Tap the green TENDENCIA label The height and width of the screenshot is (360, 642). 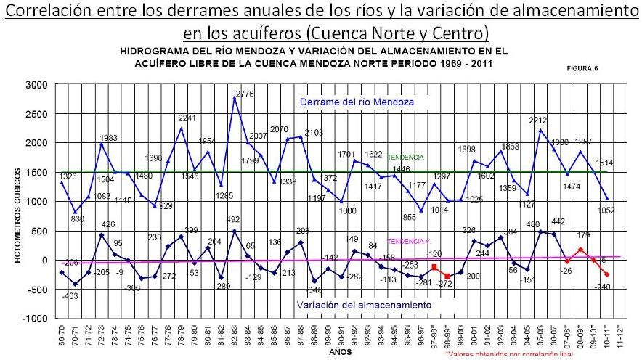click(x=405, y=157)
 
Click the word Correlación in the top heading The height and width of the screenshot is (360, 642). click(x=42, y=12)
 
